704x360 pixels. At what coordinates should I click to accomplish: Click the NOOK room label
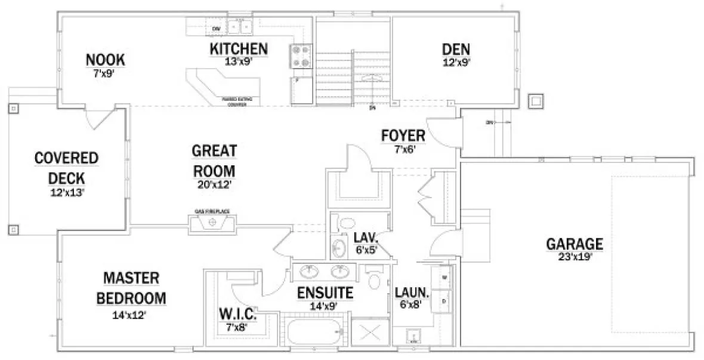click(x=106, y=60)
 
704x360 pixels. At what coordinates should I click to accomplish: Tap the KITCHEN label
click(x=238, y=48)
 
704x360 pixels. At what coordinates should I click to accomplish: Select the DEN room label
click(x=456, y=48)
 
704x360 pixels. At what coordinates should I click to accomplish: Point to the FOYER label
click(x=403, y=136)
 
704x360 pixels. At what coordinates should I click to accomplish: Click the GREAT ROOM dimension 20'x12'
click(x=214, y=184)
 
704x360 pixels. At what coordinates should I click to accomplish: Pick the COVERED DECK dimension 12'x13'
click(x=66, y=192)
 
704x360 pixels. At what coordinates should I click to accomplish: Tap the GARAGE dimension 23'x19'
click(x=575, y=259)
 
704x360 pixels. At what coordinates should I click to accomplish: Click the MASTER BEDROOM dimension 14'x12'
click(x=129, y=315)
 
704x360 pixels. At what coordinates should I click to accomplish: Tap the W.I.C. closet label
click(x=237, y=313)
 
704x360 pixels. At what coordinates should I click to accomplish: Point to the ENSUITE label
click(x=325, y=293)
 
